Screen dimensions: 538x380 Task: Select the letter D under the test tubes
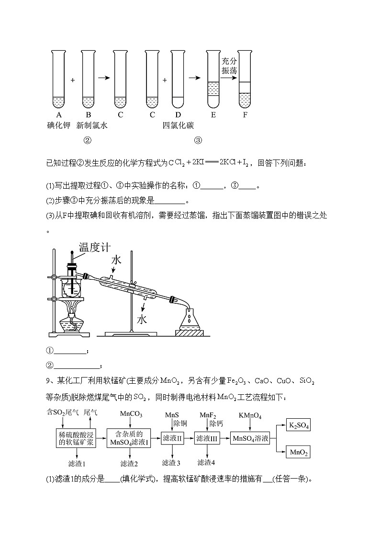pyautogui.click(x=178, y=115)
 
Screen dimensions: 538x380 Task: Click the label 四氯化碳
pyautogui.click(x=178, y=126)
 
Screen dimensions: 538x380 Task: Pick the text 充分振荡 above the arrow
pyautogui.click(x=229, y=66)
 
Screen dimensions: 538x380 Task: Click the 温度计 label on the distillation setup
pyautogui.click(x=95, y=248)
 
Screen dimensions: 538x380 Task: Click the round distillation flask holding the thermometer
pyautogui.click(x=72, y=289)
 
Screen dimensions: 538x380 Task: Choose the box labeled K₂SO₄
pyautogui.click(x=297, y=424)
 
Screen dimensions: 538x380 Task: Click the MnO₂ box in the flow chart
pyautogui.click(x=297, y=452)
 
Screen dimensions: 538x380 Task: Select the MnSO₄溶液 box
pyautogui.click(x=250, y=438)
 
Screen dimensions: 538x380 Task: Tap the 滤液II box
pyautogui.click(x=173, y=438)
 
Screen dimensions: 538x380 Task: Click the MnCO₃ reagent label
pyautogui.click(x=131, y=414)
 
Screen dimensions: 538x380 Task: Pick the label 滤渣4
pyautogui.click(x=206, y=463)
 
